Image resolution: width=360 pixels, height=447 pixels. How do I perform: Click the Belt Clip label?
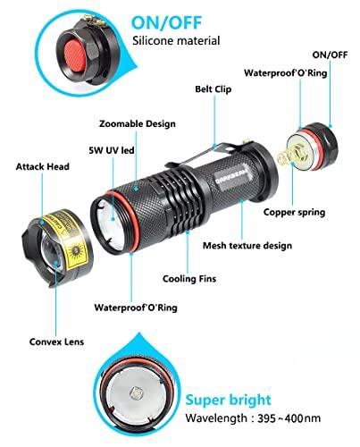[214, 89]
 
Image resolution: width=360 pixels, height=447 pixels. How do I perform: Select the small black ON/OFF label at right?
[332, 54]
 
